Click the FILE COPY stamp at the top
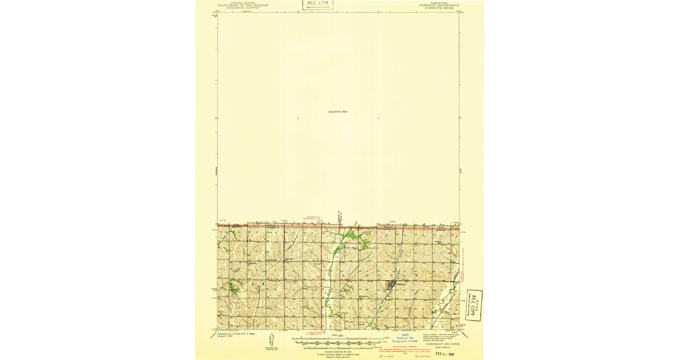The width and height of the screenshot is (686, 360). (318, 6)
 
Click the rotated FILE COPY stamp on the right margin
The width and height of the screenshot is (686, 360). (474, 306)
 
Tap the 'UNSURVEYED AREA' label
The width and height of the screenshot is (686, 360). (338, 111)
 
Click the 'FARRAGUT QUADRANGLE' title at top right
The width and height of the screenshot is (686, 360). (439, 5)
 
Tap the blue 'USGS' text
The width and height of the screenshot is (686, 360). (406, 335)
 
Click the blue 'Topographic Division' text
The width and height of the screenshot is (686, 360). (406, 342)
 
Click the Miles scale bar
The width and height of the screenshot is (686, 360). (337, 338)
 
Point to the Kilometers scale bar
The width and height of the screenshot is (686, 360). (337, 348)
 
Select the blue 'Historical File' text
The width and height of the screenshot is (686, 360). (406, 338)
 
